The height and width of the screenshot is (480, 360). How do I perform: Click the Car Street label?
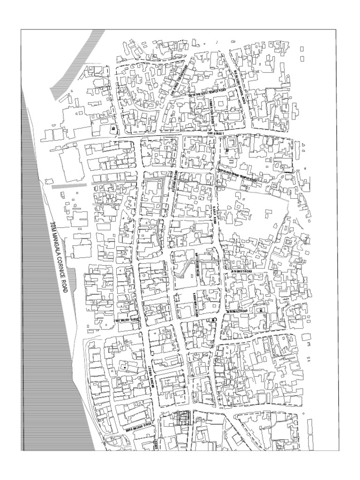(x=216, y=133)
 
